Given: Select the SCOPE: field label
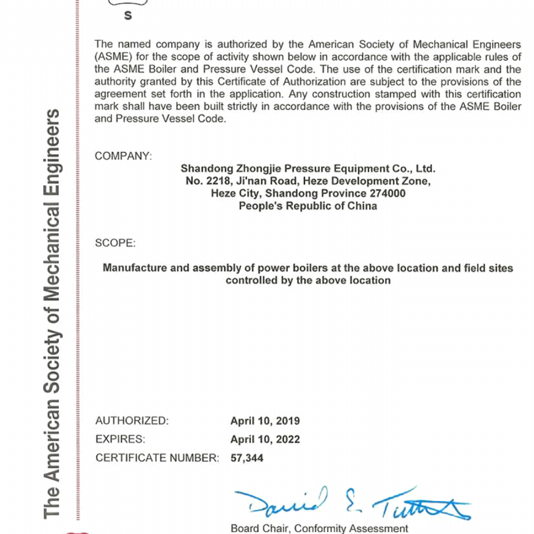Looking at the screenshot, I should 115,243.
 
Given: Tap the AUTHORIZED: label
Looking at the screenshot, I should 132,421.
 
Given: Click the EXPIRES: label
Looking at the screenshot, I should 120,439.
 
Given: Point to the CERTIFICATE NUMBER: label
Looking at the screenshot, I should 157,458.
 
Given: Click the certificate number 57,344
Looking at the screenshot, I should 247,458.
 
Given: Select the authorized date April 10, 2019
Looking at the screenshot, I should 265,421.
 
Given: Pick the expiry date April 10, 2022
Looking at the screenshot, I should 265,439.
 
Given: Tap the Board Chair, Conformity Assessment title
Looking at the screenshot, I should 319,529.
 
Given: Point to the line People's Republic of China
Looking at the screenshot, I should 308,206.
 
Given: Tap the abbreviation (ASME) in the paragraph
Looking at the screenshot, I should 112,57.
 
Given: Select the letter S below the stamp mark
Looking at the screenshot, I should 128,16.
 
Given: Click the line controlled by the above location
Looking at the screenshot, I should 308,280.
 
